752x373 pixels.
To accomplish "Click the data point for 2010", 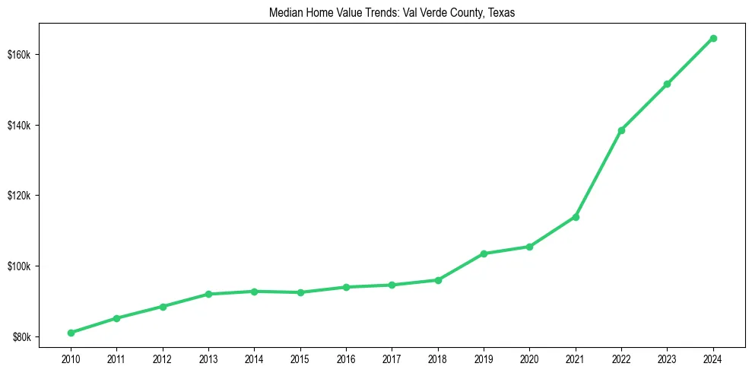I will point(71,333).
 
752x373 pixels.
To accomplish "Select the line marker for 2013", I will point(208,294).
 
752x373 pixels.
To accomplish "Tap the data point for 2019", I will point(484,253).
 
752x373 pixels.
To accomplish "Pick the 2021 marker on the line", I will point(576,217).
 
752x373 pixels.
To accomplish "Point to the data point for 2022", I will point(621,130).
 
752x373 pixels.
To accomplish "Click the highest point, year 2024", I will point(713,38).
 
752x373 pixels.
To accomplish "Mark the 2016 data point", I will point(346,287).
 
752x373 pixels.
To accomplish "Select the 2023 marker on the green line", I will point(667,84).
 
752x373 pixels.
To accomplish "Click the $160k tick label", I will point(17,55).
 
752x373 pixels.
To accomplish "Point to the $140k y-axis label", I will point(17,125).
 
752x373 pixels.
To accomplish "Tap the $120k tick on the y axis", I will point(17,196).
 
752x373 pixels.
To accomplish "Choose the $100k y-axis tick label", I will point(17,266).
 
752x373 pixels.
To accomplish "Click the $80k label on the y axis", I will point(20,336).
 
